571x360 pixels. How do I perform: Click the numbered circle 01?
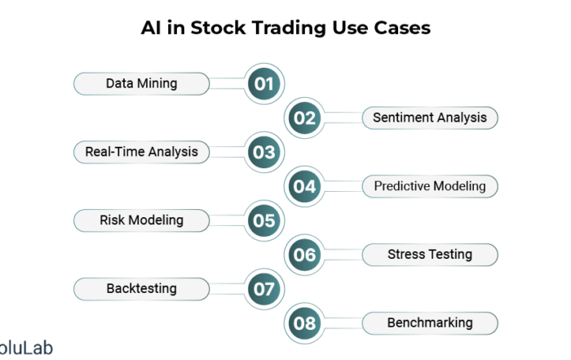pos(264,84)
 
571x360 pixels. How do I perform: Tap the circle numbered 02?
pos(304,118)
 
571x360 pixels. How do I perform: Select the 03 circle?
pos(264,152)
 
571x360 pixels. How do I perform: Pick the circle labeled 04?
pos(304,187)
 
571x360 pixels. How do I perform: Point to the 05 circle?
pos(264,220)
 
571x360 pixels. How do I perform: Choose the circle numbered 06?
pos(304,255)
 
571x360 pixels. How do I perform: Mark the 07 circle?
pos(264,289)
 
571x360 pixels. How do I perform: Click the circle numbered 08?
pos(304,323)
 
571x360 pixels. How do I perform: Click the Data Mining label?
pos(142,84)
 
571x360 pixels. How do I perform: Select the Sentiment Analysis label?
pos(430,118)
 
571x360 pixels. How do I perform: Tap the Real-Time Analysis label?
pos(142,152)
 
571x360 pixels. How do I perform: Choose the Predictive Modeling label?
pos(430,187)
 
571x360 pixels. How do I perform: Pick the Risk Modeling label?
pos(142,220)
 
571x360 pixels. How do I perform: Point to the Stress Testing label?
pos(430,255)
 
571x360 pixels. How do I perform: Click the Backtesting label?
pos(142,289)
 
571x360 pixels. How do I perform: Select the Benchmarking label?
pos(430,323)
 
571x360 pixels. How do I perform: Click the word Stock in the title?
pos(218,28)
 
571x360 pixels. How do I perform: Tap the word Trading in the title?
pos(289,29)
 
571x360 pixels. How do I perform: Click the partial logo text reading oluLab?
pos(25,348)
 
